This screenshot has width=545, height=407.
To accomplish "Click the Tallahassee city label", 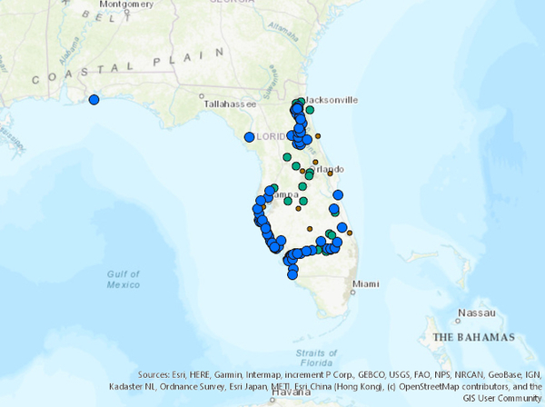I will click(x=230, y=104).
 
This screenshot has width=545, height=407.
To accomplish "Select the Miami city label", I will click(x=365, y=283).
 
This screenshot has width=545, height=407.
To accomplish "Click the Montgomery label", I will click(x=126, y=5).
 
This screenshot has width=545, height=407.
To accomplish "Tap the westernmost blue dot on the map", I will click(x=93, y=100).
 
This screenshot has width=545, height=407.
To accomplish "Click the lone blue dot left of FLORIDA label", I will click(x=249, y=137).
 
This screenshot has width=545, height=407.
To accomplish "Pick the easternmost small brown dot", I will click(x=348, y=233).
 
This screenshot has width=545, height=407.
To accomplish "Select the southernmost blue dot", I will click(x=292, y=273).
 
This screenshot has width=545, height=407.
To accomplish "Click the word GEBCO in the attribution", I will click(x=330, y=374).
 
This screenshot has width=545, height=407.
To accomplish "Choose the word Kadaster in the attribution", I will click(x=127, y=386).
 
